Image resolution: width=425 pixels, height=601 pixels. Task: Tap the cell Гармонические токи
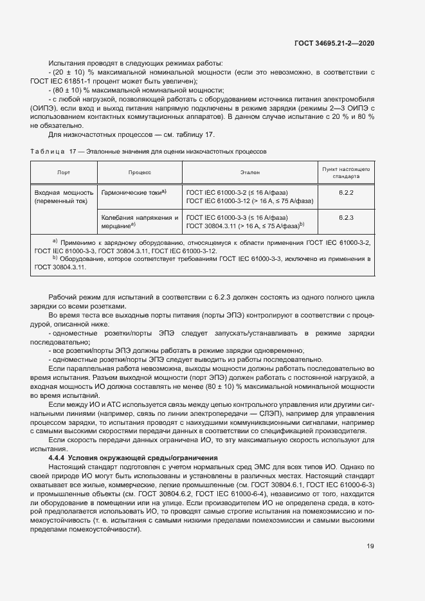(134, 192)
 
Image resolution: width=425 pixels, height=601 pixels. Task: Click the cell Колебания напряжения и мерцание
(140, 222)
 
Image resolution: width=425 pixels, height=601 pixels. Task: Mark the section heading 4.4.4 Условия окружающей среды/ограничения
(133, 457)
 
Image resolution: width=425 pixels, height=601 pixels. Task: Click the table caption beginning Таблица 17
(148, 151)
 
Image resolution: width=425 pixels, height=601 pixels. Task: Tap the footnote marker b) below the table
(55, 258)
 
